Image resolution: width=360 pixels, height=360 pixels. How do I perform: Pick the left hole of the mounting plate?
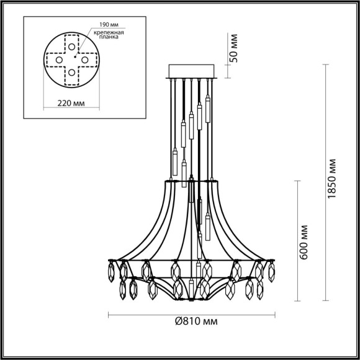[x=59, y=59]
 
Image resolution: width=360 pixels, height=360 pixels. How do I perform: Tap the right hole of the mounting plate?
[x=86, y=59]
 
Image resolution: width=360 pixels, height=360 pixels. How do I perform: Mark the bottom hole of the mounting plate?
[x=73, y=73]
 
